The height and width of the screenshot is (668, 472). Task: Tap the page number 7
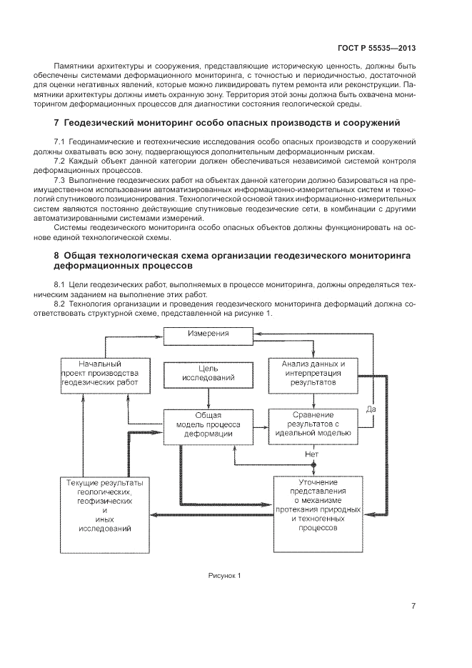pos(413,607)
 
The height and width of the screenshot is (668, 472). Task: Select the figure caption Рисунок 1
pos(225,575)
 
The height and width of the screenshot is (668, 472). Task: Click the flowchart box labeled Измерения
pos(208,334)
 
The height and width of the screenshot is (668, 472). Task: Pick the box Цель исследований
pos(208,373)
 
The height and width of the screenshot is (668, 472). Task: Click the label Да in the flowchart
pos(371,409)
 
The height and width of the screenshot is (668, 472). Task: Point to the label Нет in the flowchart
pos(311,453)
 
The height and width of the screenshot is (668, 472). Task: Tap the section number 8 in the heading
pos(56,255)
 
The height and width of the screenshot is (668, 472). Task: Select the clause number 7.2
pos(60,161)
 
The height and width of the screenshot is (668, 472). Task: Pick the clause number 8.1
pos(60,284)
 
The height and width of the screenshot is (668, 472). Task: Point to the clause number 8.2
pos(60,304)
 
